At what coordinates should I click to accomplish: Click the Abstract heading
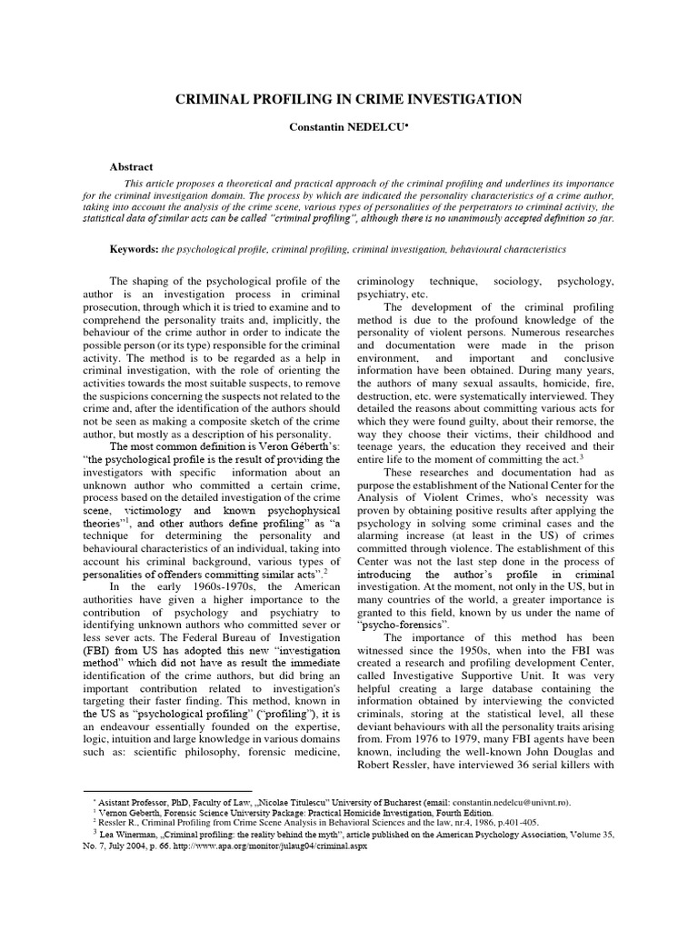pos(133,167)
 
